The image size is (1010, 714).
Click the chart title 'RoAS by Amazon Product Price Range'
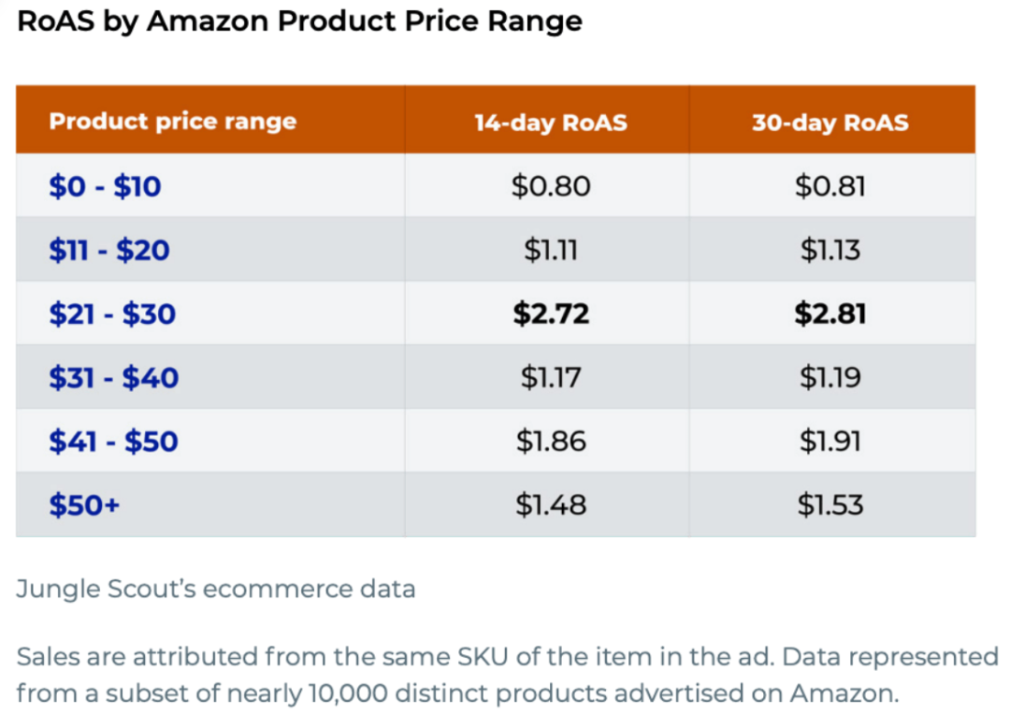pos(299,21)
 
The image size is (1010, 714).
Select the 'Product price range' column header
pos(172,122)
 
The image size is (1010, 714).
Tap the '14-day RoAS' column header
pos(550,123)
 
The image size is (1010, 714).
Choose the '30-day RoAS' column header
pos(830,123)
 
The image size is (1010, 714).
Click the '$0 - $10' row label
pos(105,186)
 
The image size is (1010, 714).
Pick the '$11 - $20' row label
pos(108,250)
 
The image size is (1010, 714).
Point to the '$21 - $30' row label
pos(112,313)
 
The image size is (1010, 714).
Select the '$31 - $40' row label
pos(113,377)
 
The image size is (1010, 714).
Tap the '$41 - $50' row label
pos(113,441)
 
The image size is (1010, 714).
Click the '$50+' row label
pos(84,505)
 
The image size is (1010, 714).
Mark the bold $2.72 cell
pos(551,313)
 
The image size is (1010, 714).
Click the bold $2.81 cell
pos(830,313)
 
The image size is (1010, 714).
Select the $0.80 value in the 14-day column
pos(551,186)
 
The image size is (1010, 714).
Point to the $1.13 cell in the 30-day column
pos(830,250)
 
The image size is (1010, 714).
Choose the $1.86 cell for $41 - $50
pos(551,441)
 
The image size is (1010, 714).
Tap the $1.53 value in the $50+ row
pos(830,505)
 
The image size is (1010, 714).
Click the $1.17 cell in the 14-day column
pos(551,377)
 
